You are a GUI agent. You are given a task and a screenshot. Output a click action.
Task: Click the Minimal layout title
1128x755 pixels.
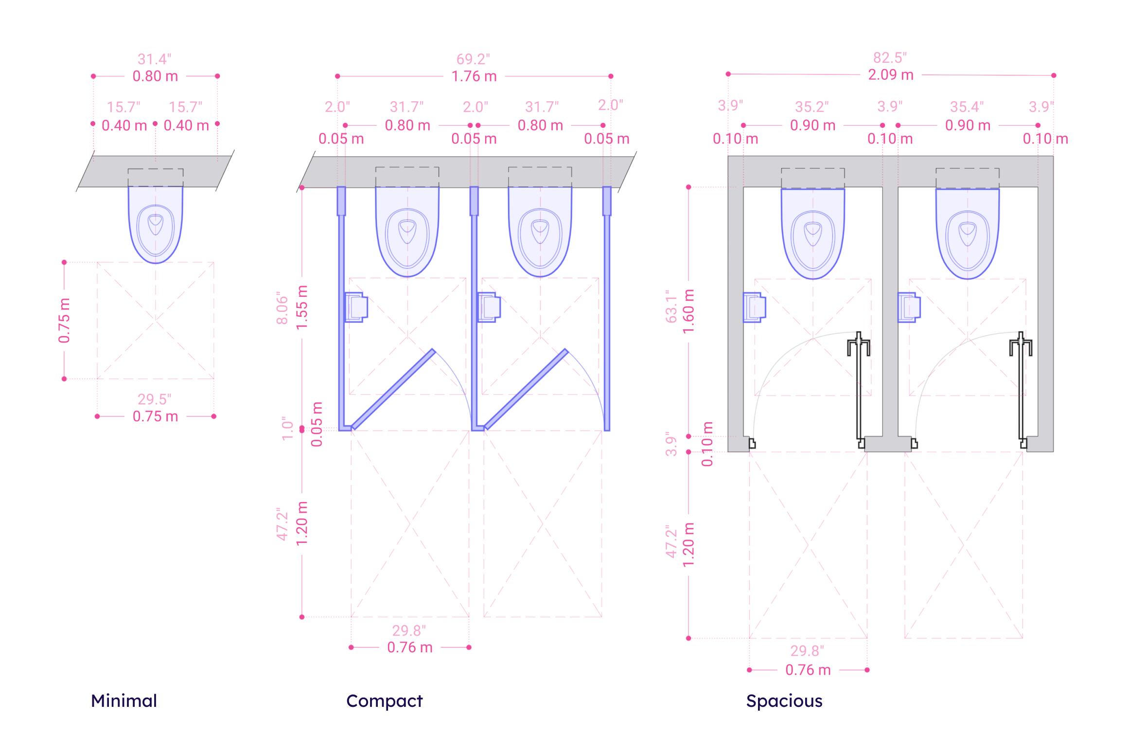124,701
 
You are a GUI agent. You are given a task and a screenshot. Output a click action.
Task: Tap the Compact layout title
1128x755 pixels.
385,701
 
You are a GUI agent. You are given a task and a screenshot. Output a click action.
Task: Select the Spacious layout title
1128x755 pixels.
784,701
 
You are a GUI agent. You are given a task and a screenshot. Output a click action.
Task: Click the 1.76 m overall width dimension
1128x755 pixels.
474,76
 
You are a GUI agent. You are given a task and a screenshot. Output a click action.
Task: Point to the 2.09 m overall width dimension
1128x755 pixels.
891,75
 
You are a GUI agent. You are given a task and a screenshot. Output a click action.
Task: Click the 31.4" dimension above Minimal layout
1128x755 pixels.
155,59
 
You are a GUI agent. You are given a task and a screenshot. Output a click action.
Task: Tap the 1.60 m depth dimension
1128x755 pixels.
688,311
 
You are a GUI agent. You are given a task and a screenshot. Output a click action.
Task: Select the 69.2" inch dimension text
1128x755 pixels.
473,59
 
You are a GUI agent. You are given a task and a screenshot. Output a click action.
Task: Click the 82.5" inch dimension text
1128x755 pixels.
890,57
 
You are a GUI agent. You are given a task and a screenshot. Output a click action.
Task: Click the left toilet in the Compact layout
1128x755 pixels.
407,232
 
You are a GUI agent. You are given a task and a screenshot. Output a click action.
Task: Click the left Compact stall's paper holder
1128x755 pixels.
356,307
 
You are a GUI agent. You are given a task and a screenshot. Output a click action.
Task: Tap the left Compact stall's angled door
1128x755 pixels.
393,389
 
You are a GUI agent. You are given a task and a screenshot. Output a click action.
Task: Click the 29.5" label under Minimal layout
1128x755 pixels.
155,399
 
